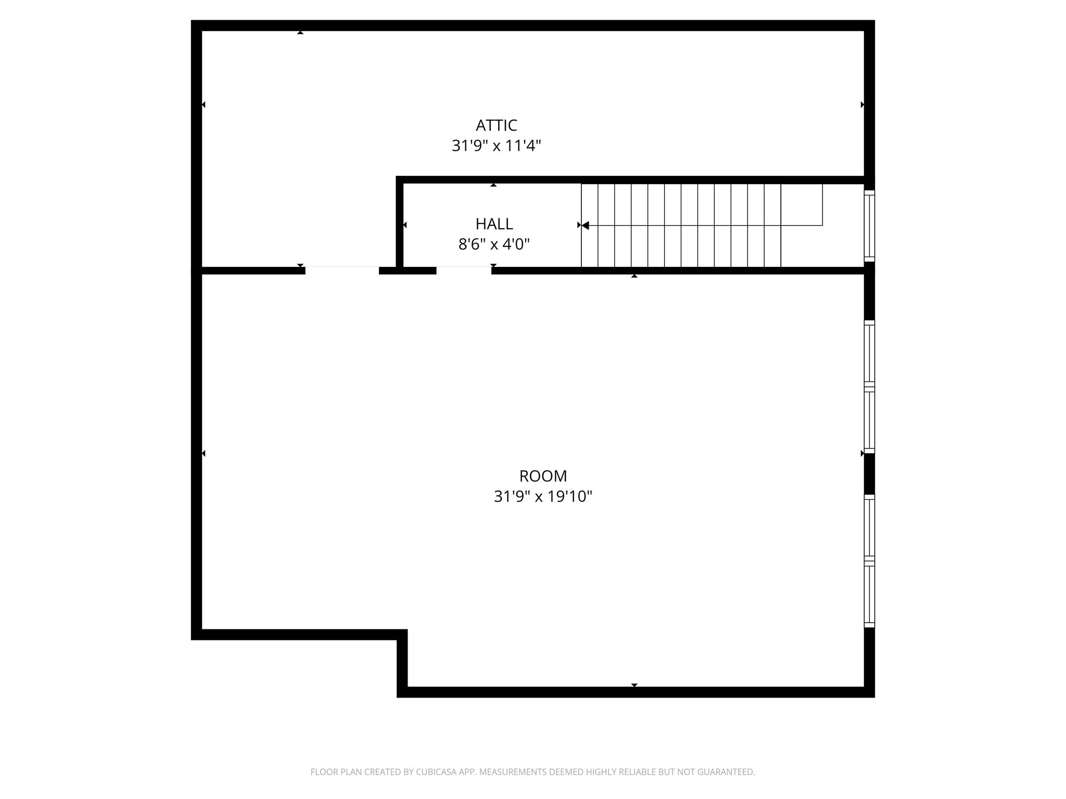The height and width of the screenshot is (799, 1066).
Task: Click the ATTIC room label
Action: [496, 125]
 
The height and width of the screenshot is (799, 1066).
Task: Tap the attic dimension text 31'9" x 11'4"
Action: [496, 146]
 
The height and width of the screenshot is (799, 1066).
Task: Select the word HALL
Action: [494, 224]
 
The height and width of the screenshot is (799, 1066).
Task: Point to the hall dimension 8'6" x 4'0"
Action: [494, 244]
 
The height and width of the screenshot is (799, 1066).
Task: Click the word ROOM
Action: [543, 476]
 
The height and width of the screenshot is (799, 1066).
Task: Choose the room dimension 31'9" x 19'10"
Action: [543, 497]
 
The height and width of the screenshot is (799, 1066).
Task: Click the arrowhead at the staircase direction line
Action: [585, 225]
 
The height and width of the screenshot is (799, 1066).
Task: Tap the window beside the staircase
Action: [869, 225]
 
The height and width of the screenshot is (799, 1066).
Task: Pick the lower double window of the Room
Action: [869, 561]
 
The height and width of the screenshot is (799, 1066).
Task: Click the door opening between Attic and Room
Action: [342, 270]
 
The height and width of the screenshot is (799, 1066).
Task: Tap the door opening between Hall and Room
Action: [463, 270]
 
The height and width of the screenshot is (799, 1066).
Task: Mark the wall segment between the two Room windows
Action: [869, 473]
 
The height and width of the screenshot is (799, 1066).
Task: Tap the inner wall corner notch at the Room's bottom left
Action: [402, 635]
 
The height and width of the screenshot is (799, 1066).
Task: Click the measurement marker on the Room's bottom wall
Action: [634, 685]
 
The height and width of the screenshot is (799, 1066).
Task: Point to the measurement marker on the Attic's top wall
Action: [300, 33]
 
